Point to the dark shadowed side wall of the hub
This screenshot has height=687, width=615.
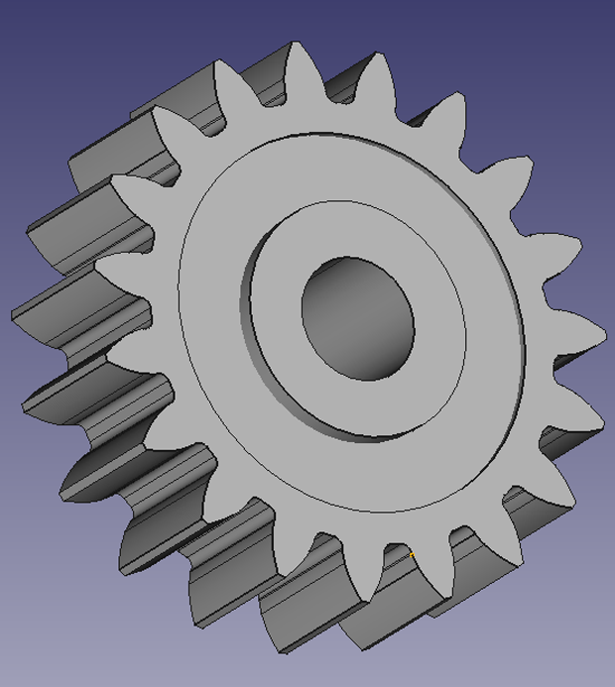(x=266, y=337)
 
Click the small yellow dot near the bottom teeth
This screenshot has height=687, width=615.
(x=412, y=553)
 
